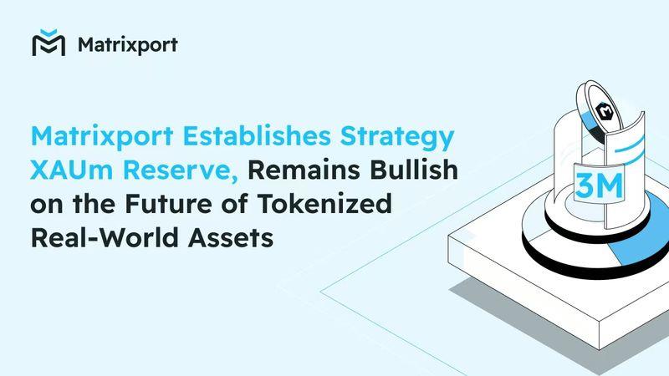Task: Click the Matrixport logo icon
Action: (x=49, y=43)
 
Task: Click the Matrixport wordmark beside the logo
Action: (x=128, y=45)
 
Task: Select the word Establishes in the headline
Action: (x=257, y=135)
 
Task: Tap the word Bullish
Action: (x=413, y=169)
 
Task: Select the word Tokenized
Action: (x=324, y=203)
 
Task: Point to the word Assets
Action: (x=231, y=238)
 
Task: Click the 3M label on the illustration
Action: (x=599, y=185)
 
